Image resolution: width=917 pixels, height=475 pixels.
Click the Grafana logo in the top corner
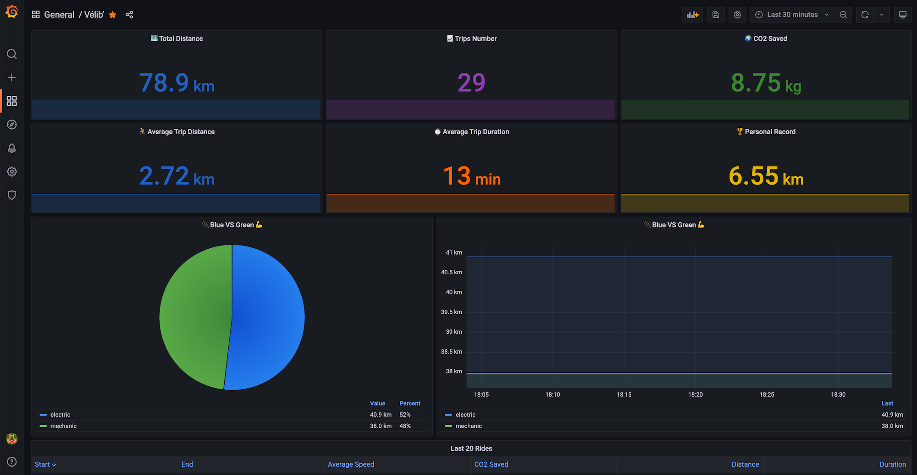click(12, 11)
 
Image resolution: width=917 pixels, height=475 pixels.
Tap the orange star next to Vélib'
click(113, 15)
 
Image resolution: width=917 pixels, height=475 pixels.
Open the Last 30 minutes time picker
click(792, 15)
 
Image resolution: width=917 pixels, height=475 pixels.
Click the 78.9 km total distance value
click(177, 83)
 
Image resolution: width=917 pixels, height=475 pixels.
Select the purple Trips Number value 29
click(471, 83)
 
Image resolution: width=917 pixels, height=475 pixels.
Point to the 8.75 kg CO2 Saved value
click(766, 83)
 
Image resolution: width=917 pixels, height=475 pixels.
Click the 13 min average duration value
click(471, 176)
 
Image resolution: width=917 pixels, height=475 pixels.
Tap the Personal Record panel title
click(770, 132)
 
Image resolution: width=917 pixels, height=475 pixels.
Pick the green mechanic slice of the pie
click(195, 316)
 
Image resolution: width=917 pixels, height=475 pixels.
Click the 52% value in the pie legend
click(405, 415)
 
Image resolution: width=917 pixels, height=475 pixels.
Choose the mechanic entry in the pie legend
click(63, 426)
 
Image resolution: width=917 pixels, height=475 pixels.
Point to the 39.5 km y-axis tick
click(452, 312)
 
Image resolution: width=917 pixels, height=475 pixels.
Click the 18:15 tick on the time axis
click(624, 394)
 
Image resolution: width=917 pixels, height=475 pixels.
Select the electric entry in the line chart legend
click(465, 415)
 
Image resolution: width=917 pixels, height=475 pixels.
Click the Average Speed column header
click(351, 464)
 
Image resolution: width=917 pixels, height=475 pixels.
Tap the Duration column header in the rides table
click(892, 464)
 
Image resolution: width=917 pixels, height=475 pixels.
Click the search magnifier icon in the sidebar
click(12, 54)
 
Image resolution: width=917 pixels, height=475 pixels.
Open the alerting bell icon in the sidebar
click(12, 148)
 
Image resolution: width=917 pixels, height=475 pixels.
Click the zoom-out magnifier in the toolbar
click(843, 15)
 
